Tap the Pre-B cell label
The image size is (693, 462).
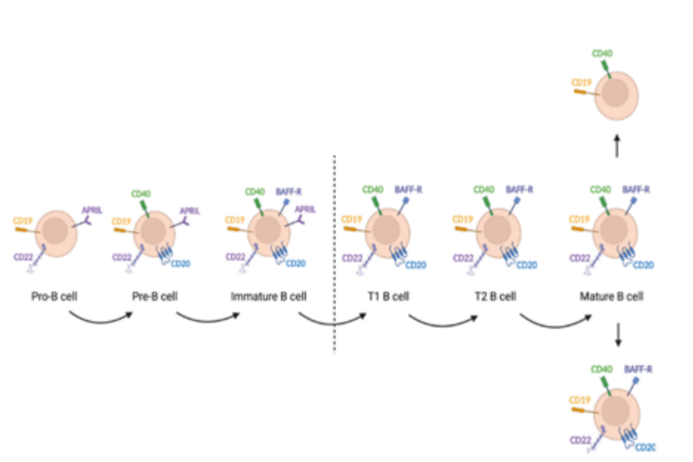(155, 298)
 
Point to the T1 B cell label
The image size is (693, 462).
(389, 298)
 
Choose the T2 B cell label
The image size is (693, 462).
(495, 298)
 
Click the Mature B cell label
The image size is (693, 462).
(612, 298)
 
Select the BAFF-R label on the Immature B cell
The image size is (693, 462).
(289, 191)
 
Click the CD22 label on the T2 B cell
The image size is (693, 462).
(463, 257)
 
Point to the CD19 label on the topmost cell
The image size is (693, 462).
(582, 83)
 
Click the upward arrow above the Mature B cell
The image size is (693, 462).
(617, 146)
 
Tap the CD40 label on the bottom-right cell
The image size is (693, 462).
(601, 369)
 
